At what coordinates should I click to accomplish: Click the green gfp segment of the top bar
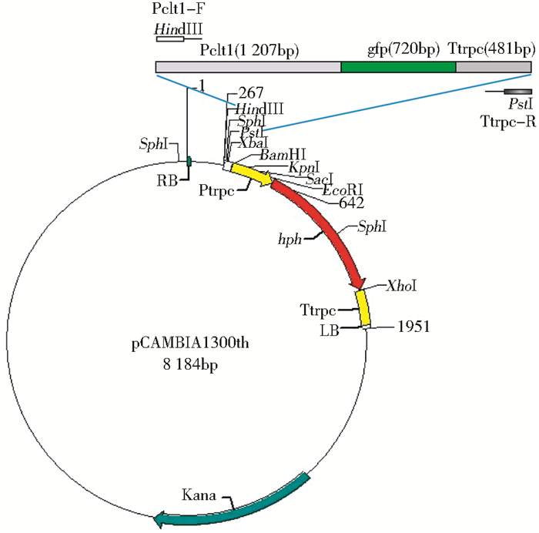pyautogui.click(x=398, y=68)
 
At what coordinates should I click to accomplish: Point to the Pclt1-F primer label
pyautogui.click(x=179, y=10)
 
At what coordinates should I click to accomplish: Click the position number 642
pyautogui.click(x=351, y=202)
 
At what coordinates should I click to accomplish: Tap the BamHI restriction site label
pyautogui.click(x=283, y=155)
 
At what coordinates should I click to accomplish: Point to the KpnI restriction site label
pyautogui.click(x=303, y=166)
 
